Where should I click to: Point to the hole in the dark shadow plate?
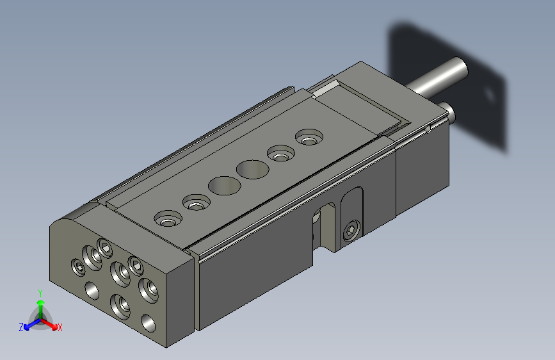point(490,95)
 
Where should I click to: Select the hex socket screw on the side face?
point(351,231)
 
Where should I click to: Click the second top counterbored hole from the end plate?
point(196,204)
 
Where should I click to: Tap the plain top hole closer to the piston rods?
point(252,169)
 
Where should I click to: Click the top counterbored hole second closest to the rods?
point(280,154)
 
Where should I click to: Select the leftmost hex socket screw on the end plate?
point(78,265)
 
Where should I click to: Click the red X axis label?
point(60,328)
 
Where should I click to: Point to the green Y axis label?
point(40,292)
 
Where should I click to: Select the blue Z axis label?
point(21,327)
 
